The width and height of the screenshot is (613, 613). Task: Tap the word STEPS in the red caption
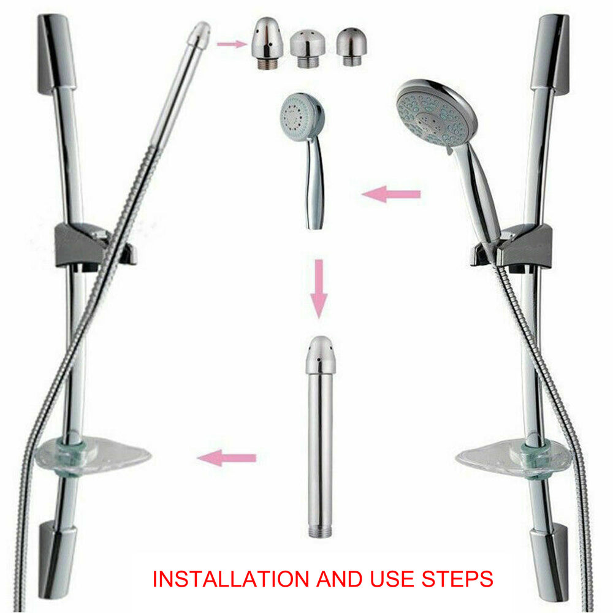[x=457, y=579]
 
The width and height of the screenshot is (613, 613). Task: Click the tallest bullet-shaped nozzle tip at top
[x=267, y=44]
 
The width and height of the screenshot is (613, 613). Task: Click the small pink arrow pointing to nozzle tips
[x=232, y=44]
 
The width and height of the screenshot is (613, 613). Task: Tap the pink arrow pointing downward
[x=319, y=289]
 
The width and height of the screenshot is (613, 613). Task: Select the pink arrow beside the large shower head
[x=391, y=194]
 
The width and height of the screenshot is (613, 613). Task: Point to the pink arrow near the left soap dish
[x=227, y=457]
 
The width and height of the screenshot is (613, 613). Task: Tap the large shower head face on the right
[x=433, y=113]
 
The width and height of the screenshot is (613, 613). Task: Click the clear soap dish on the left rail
[x=93, y=456]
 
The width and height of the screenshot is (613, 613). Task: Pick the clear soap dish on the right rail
[x=514, y=458]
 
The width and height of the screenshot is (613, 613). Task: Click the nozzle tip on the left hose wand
[x=199, y=35]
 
